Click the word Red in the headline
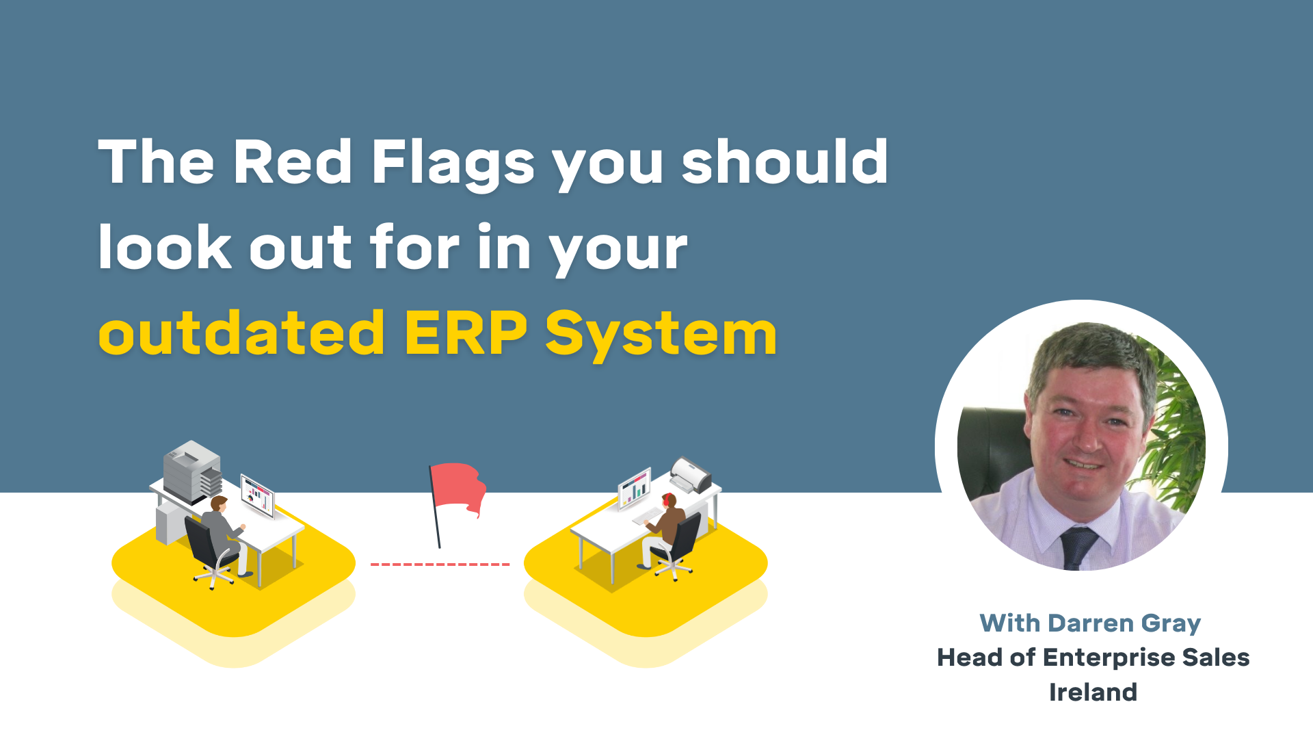click(x=292, y=162)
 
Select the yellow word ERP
click(x=466, y=334)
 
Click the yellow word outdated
click(x=241, y=334)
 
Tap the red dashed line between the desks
click(x=440, y=565)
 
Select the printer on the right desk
click(x=691, y=474)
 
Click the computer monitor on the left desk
click(x=257, y=494)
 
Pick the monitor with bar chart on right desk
click(x=634, y=487)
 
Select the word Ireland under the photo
click(x=1093, y=692)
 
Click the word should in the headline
click(x=784, y=162)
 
